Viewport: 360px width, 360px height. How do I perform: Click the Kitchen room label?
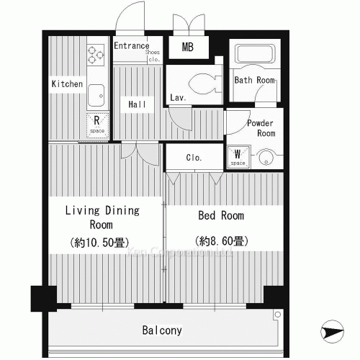click(x=67, y=84)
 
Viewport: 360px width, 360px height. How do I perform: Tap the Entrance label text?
click(x=131, y=46)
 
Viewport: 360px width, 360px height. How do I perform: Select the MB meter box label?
click(x=187, y=48)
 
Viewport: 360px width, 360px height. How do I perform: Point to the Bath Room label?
click(x=254, y=80)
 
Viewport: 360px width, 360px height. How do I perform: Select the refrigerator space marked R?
click(x=96, y=125)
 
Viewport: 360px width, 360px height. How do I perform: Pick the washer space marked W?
click(x=238, y=156)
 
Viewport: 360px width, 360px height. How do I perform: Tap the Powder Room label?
click(x=261, y=128)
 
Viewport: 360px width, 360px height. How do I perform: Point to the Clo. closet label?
click(x=194, y=158)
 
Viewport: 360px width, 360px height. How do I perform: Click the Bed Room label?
click(x=221, y=215)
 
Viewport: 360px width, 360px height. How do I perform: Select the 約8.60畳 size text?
click(x=221, y=240)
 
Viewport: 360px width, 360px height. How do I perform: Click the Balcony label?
click(x=161, y=331)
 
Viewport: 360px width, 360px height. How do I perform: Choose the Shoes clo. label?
click(x=152, y=56)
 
